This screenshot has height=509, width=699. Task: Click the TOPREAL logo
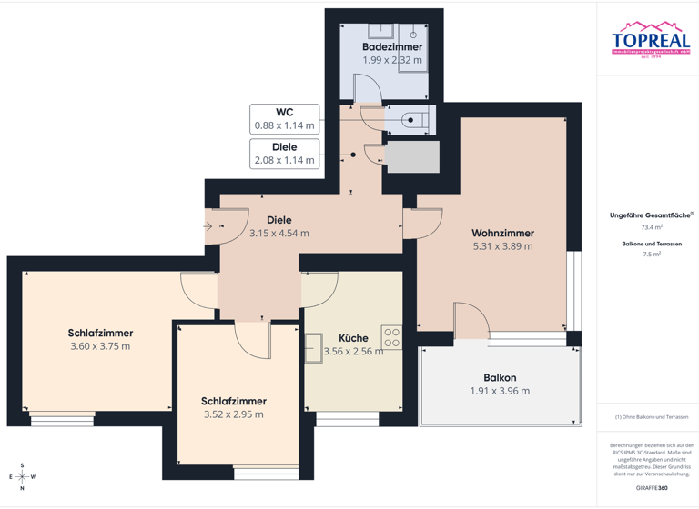point(651,40)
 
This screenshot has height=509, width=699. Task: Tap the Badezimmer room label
point(392,46)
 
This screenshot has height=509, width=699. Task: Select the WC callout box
point(285,118)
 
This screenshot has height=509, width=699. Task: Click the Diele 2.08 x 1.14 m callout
point(285,153)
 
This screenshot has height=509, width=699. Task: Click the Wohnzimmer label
point(502,233)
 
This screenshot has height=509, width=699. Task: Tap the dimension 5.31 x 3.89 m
point(502,246)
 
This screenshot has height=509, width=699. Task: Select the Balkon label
point(500,377)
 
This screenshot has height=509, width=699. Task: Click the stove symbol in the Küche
point(391,338)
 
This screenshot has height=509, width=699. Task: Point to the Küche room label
point(353,337)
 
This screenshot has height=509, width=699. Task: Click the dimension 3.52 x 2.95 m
point(233,414)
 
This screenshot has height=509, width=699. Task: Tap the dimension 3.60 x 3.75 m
point(99,346)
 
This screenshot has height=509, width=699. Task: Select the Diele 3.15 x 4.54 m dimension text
point(279,234)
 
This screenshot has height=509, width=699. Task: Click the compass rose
point(21,476)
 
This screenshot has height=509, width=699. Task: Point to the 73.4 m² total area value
point(652,227)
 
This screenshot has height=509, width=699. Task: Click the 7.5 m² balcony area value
point(652,254)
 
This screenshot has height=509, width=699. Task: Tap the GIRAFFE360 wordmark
point(652,488)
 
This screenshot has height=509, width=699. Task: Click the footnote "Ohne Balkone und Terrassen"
point(652,416)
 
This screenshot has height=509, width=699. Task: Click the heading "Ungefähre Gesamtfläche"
point(650,215)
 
